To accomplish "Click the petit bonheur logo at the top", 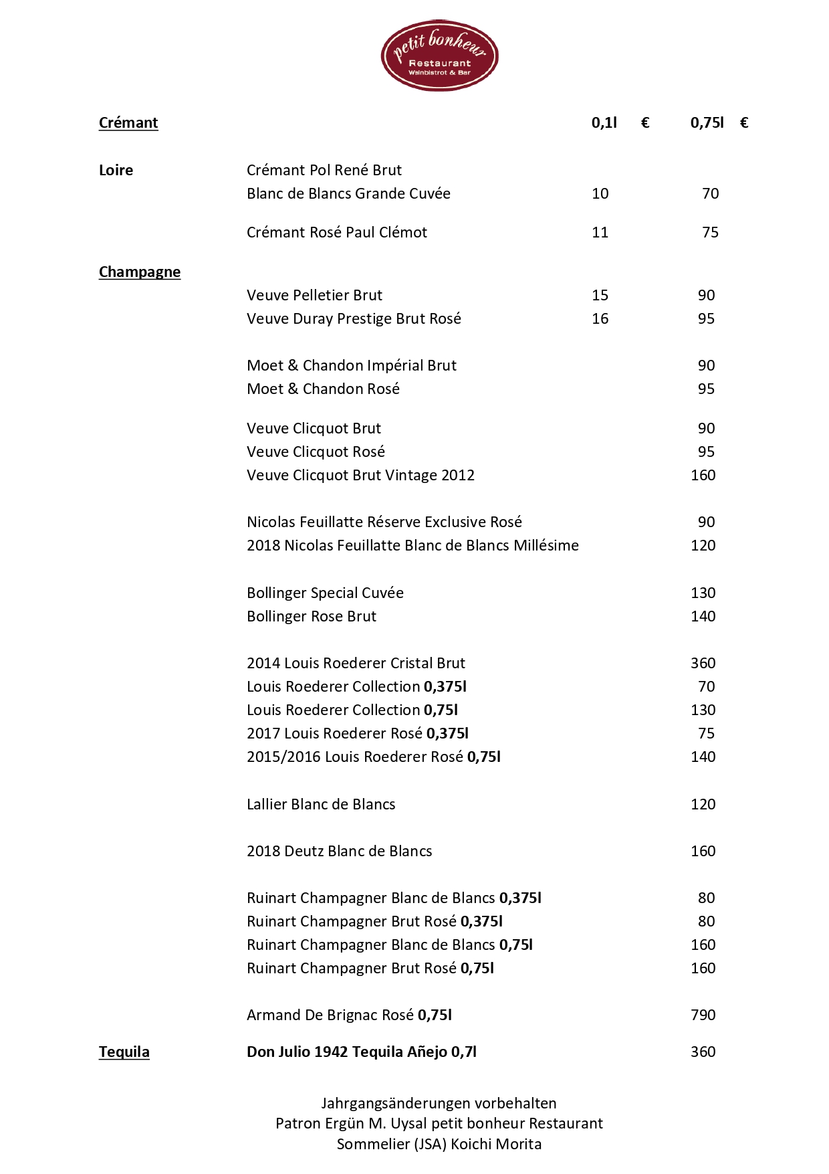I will tap(439, 55).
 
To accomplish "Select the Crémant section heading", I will tap(128, 122).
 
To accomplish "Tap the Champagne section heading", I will tap(140, 272).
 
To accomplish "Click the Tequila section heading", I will tap(124, 1052).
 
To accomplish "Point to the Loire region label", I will tap(116, 170).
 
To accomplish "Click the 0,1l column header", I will tap(604, 122).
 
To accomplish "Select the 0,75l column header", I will tap(707, 122).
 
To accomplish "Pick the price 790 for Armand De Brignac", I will tap(703, 1015).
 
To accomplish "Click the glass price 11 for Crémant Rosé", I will tap(600, 232).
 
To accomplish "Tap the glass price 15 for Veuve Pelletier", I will tap(600, 295).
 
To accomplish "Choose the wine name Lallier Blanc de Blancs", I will tap(321, 804).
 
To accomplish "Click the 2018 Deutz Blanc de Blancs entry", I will tap(340, 851).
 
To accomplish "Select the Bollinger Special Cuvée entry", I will tap(326, 593).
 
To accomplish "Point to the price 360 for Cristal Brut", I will tap(703, 663).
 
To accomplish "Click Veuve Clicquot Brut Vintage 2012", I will tap(361, 475).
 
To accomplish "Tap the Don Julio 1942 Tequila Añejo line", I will tap(362, 1052).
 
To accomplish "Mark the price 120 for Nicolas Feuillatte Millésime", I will tap(703, 545).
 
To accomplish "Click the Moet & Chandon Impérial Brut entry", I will tap(352, 365).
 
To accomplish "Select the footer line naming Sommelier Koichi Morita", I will tap(439, 1144).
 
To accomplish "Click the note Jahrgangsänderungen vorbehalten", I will tap(439, 1103).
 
